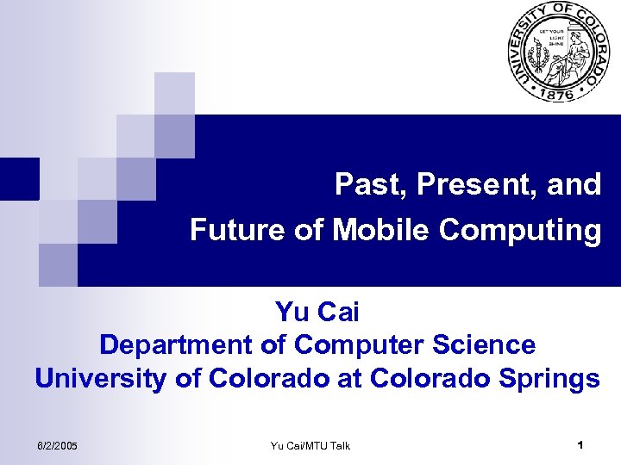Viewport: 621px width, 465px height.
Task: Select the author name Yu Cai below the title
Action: click(317, 310)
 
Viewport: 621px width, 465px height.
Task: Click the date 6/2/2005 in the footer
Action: click(57, 445)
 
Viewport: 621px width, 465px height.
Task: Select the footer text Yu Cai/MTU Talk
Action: click(310, 445)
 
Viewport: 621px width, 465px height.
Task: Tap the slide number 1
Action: click(580, 445)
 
